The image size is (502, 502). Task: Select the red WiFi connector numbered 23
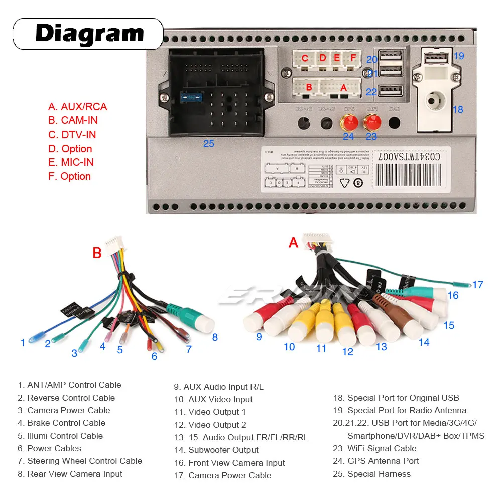[372, 121]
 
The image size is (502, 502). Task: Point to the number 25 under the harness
[208, 144]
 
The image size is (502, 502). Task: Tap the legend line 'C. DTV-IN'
[72, 135]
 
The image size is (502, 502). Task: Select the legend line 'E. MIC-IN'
[71, 162]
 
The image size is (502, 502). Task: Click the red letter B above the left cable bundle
[97, 253]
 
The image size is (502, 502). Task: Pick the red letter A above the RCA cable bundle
[294, 243]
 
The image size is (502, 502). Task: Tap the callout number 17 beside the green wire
[477, 285]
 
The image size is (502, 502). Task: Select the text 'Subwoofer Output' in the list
[223, 450]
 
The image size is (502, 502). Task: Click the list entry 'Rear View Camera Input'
[75, 474]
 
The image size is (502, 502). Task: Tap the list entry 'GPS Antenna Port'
[383, 461]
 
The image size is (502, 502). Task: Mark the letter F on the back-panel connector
[353, 58]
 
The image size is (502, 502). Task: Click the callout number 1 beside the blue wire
[23, 343]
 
